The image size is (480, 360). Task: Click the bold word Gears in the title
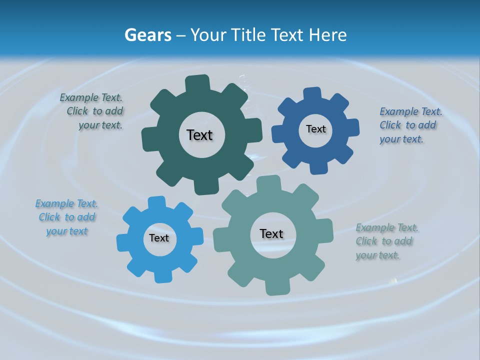pos(148,35)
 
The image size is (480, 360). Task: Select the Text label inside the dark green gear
pos(199,135)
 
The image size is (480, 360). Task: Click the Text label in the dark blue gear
pos(315,129)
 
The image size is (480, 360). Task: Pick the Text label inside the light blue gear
pos(159,238)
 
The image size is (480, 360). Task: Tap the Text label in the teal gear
pos(271,233)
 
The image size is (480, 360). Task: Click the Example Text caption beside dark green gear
pos(91,97)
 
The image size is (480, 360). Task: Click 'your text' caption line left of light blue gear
pos(67,231)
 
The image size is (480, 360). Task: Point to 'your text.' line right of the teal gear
pos(377,255)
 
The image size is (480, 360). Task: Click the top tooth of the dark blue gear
pos(312,94)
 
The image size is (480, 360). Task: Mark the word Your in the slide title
pos(209,35)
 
